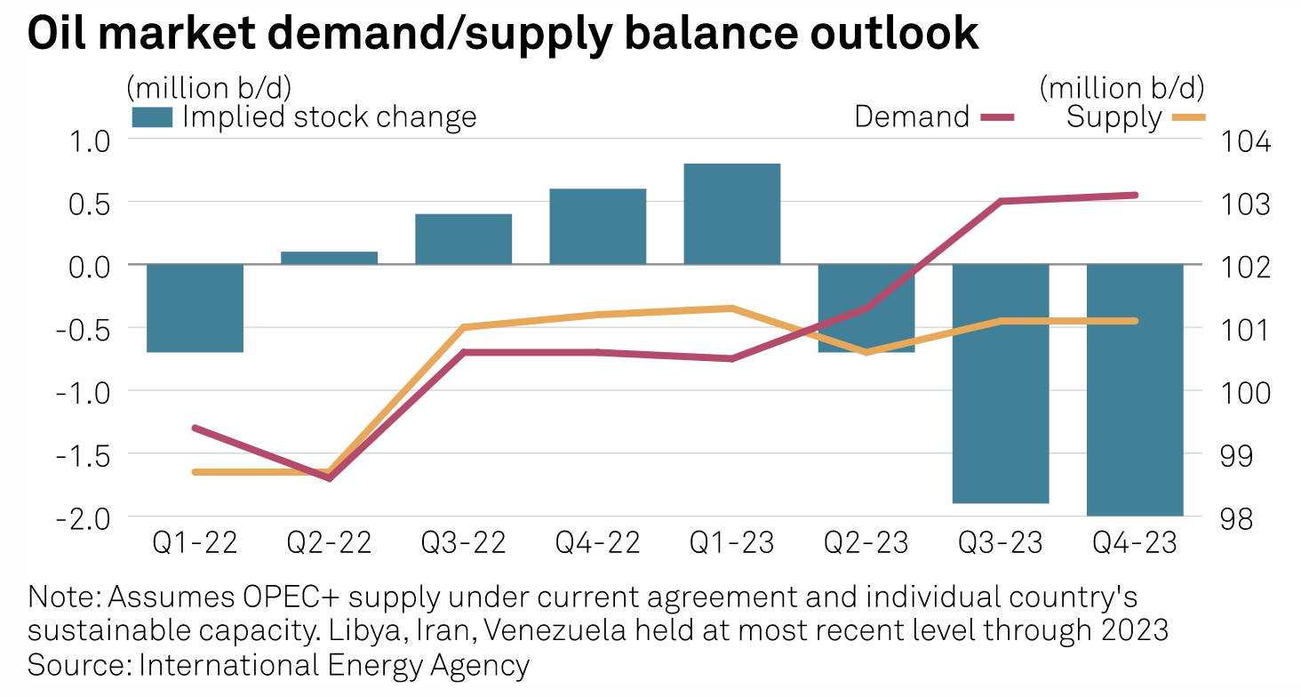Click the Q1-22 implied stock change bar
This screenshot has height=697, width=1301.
click(195, 308)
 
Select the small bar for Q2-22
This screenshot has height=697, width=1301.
click(329, 258)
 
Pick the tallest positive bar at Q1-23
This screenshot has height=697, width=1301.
click(731, 213)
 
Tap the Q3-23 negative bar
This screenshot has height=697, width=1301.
click(1000, 383)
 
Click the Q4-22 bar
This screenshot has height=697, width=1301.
click(597, 226)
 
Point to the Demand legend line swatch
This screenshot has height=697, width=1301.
click(994, 116)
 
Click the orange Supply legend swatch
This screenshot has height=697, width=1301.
click(1185, 116)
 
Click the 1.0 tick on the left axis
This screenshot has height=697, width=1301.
click(86, 140)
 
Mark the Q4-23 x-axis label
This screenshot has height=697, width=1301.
click(1134, 542)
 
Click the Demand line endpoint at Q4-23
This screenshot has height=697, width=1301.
click(1135, 195)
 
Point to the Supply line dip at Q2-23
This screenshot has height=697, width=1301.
click(866, 352)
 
